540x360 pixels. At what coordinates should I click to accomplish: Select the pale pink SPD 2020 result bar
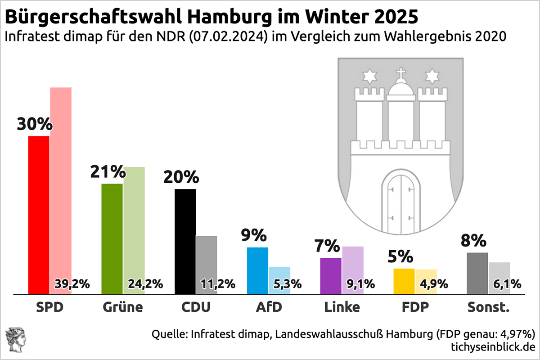(x=61, y=180)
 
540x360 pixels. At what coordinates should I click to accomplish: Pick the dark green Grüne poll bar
(x=112, y=239)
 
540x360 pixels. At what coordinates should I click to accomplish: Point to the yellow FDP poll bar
(x=404, y=282)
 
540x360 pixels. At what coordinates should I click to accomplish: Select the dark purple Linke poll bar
(x=331, y=276)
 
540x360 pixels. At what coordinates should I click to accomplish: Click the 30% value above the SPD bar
(x=35, y=124)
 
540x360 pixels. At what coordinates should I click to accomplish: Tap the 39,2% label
(x=72, y=284)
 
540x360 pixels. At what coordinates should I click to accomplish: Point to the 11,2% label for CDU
(x=218, y=284)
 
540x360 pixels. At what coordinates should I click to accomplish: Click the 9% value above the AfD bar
(x=254, y=235)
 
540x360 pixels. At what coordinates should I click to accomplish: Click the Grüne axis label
(x=122, y=308)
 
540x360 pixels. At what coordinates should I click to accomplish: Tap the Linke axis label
(x=342, y=308)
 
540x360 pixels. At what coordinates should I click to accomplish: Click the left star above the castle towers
(x=369, y=76)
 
